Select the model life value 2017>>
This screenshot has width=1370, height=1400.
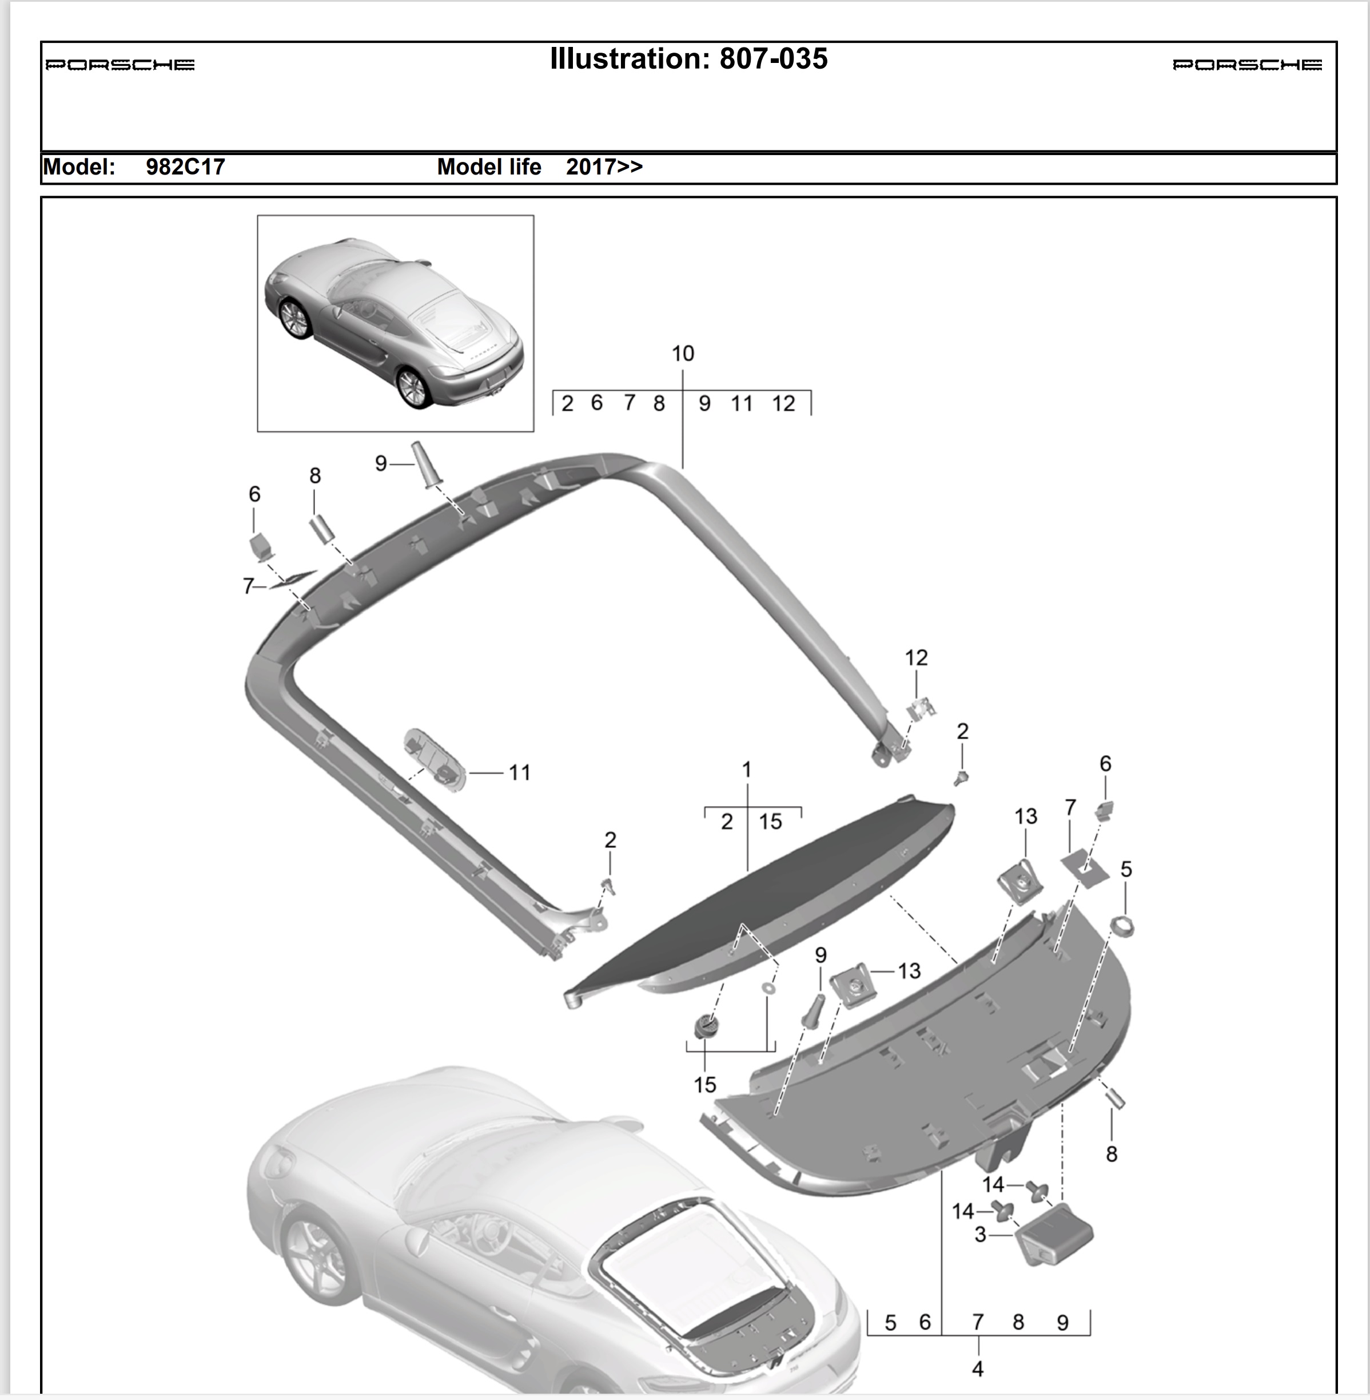(x=604, y=167)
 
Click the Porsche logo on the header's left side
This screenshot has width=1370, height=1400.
(x=120, y=65)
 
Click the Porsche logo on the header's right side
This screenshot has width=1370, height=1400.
(x=1247, y=65)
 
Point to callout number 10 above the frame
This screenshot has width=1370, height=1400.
(x=683, y=354)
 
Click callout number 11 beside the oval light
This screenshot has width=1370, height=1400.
(x=520, y=772)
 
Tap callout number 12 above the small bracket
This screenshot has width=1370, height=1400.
(x=916, y=657)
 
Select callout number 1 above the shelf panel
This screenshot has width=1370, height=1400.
(x=747, y=770)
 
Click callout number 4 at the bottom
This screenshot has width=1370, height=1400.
(x=977, y=1369)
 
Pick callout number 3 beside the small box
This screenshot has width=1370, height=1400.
(x=980, y=1235)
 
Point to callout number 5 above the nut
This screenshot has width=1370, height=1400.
(x=1126, y=869)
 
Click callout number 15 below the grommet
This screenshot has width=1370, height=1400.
(x=705, y=1084)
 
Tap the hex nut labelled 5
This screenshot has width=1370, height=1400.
(x=1122, y=926)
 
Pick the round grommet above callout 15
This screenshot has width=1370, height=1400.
(x=706, y=1025)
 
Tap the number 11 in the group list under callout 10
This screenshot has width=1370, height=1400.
(x=742, y=403)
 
